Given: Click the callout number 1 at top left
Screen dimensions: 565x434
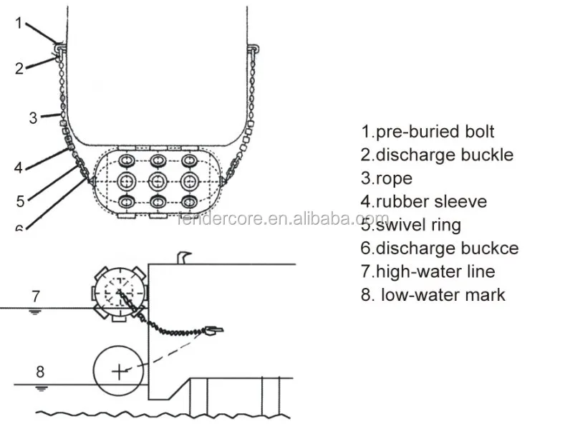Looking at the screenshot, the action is tap(19, 23).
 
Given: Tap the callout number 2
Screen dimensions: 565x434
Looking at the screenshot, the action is tap(19, 69).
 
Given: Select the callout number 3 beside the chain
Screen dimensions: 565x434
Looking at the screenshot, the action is tap(33, 118).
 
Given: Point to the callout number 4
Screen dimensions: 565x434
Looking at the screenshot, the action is tap(18, 168).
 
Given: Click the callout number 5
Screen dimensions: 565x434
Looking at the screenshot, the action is tap(19, 201).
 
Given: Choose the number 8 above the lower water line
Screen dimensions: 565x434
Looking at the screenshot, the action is tap(40, 371).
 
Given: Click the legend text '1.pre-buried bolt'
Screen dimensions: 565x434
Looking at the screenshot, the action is tap(428, 132).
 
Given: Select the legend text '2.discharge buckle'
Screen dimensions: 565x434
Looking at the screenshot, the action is tap(437, 155).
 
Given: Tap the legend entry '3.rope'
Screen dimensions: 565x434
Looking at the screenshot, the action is tap(387, 178).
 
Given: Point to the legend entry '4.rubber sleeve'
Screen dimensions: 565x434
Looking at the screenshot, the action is tap(423, 201).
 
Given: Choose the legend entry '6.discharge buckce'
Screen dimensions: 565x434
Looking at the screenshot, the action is tap(439, 249).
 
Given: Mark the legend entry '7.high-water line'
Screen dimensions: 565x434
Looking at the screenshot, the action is tap(428, 271).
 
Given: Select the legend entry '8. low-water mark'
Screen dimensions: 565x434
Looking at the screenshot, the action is tap(433, 294).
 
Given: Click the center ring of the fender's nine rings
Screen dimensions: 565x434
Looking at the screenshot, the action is tap(158, 180).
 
